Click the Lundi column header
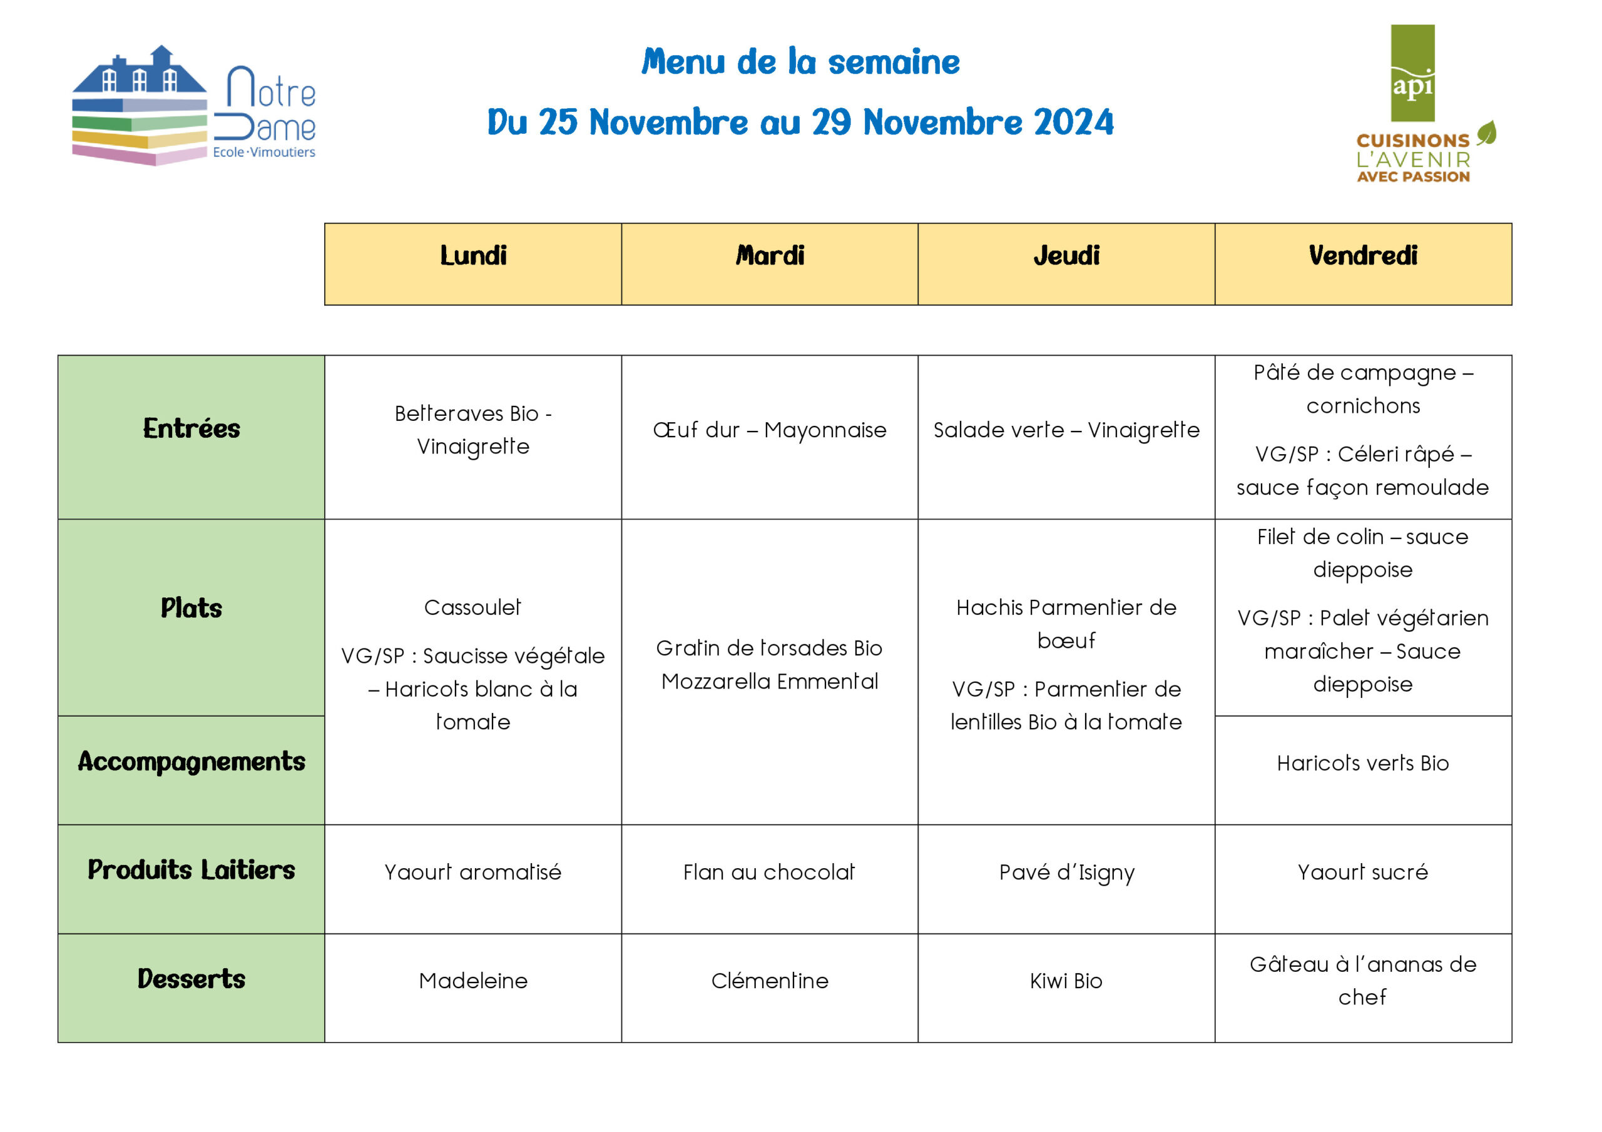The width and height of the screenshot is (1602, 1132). click(473, 256)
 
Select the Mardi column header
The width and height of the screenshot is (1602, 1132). click(770, 256)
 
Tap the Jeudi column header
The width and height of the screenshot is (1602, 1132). click(1066, 256)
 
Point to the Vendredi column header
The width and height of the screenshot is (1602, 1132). click(1363, 256)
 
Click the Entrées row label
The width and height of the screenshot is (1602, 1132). click(191, 428)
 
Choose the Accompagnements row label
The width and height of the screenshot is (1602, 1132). click(191, 762)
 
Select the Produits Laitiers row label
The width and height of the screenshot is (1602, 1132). click(191, 870)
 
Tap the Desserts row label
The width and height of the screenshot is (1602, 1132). click(191, 979)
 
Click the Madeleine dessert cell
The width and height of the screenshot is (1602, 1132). click(473, 981)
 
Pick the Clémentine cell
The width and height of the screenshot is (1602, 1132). click(770, 981)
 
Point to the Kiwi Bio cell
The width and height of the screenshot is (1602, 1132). click(1066, 981)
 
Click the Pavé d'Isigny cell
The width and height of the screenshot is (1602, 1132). click(1066, 872)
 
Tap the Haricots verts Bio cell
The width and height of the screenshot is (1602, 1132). click(1363, 764)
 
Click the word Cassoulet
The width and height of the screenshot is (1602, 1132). click(472, 607)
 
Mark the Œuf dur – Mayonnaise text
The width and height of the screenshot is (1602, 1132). click(770, 430)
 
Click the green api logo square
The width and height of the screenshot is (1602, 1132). click(1412, 73)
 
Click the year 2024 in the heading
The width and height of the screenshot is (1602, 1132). click(1074, 123)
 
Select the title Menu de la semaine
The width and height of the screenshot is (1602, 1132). click(800, 62)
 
